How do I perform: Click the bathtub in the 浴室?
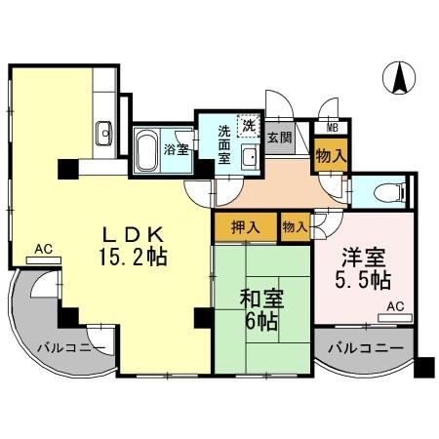(x=147, y=150)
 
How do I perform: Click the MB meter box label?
(x=332, y=127)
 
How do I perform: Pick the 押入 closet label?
(x=245, y=227)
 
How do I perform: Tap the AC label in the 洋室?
(x=393, y=305)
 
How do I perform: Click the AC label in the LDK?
(x=42, y=249)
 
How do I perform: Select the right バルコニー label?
(x=364, y=347)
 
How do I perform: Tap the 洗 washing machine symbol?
(x=248, y=124)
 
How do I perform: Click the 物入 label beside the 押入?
(x=294, y=227)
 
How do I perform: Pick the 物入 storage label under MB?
(x=331, y=154)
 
